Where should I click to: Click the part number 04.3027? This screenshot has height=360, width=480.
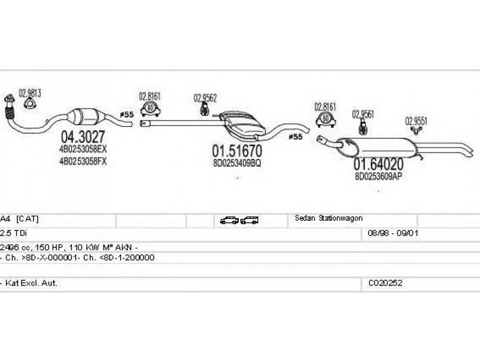[83, 136]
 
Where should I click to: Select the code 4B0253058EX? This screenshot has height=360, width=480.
[83, 149]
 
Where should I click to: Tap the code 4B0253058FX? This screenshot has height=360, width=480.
[83, 161]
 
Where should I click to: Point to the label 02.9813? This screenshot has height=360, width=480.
[29, 93]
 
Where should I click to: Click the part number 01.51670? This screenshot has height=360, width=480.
[237, 149]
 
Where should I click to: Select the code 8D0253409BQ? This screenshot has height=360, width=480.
[237, 162]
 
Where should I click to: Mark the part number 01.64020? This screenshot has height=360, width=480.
[377, 163]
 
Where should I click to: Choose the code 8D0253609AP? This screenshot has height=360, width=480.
[377, 176]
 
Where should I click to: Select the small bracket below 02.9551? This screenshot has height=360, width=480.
[415, 130]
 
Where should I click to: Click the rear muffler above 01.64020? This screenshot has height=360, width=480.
[378, 145]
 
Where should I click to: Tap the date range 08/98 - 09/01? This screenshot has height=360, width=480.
[388, 233]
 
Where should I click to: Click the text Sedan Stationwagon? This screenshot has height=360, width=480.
[328, 218]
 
